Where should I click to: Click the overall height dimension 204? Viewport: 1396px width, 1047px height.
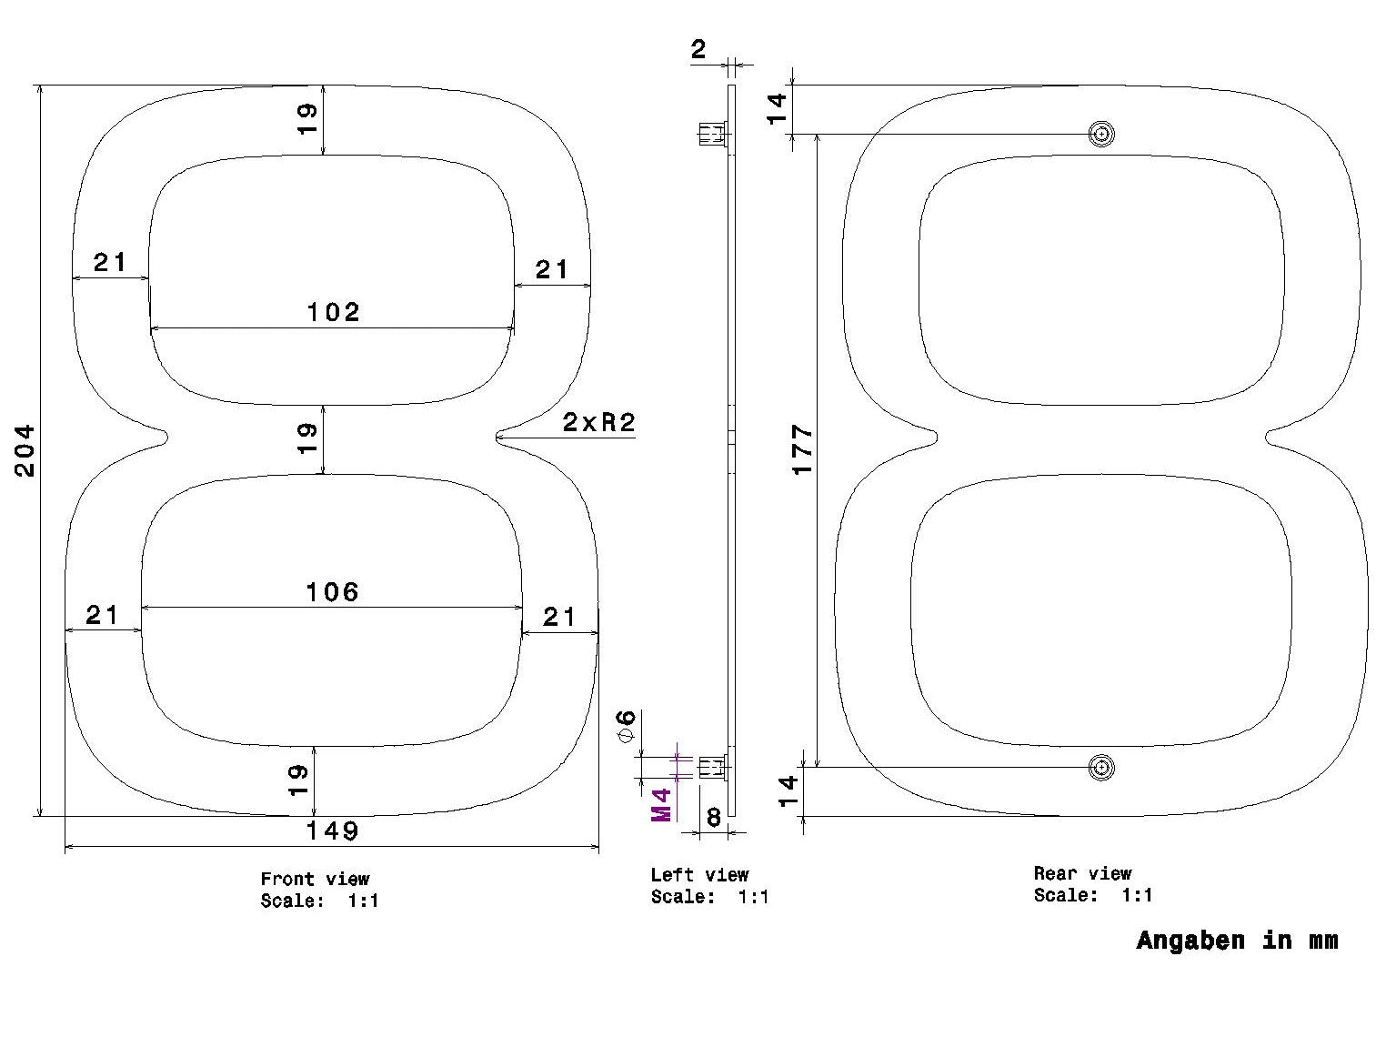(x=25, y=450)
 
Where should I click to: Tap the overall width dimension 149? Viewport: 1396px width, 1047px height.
(x=333, y=831)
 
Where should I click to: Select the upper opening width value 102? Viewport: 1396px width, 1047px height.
(x=333, y=312)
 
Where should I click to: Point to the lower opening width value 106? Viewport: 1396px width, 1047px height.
(x=333, y=592)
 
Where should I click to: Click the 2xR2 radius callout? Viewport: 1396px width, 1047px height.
(x=599, y=422)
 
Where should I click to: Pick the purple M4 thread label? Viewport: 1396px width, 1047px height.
(x=661, y=805)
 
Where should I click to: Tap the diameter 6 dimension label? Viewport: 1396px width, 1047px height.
(x=627, y=726)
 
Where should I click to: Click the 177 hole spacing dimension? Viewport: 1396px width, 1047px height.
(x=803, y=449)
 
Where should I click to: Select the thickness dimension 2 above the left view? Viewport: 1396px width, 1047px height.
(x=698, y=50)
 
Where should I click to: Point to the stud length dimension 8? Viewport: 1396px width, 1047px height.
(x=714, y=817)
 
